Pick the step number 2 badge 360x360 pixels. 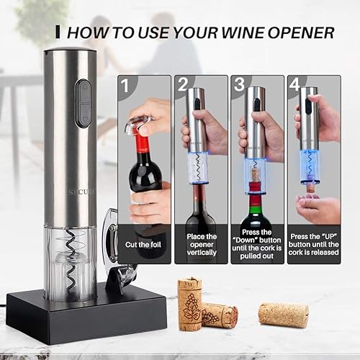pyautogui.click(x=185, y=86)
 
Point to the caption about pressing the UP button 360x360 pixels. pyautogui.click(x=313, y=243)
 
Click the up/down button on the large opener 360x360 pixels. pyautogui.click(x=84, y=102)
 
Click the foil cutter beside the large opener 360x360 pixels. pyautogui.click(x=112, y=238)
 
